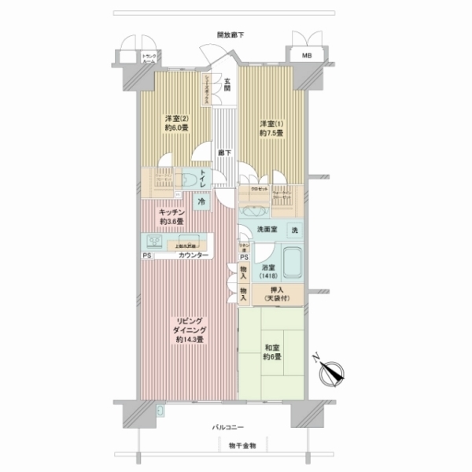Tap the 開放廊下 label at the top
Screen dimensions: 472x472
[x=230, y=35]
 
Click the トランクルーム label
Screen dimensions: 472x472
[x=149, y=57]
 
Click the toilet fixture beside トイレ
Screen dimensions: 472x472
[x=192, y=179]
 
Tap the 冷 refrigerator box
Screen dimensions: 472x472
[x=201, y=201]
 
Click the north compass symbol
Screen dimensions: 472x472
[x=334, y=371]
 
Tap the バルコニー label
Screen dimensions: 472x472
[x=230, y=427]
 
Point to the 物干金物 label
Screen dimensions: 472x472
[x=230, y=445]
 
